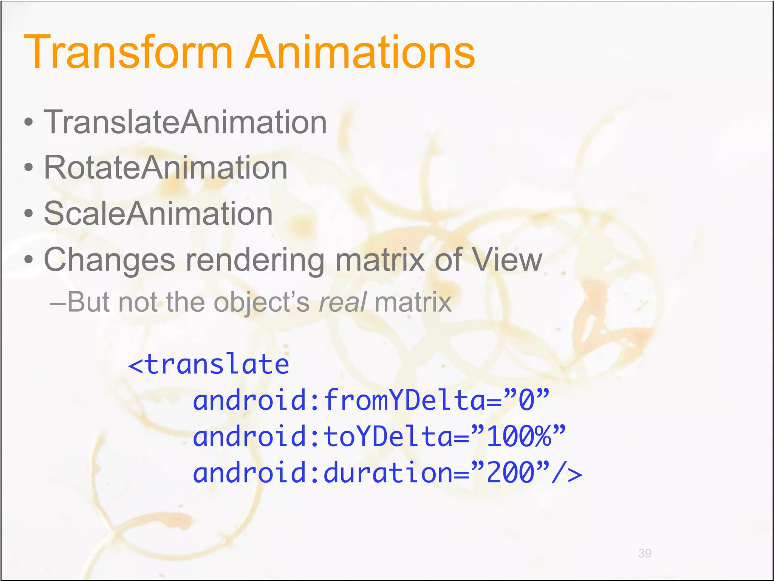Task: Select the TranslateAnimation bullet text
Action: click(185, 122)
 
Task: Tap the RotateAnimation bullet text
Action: click(166, 168)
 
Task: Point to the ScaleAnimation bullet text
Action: click(158, 214)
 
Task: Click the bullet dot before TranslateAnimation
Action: click(28, 123)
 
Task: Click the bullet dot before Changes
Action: click(28, 260)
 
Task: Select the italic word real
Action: click(342, 302)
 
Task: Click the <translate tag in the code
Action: click(209, 364)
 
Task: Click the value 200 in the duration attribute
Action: click(511, 473)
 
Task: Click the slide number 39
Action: click(644, 553)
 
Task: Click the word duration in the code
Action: click(388, 473)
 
